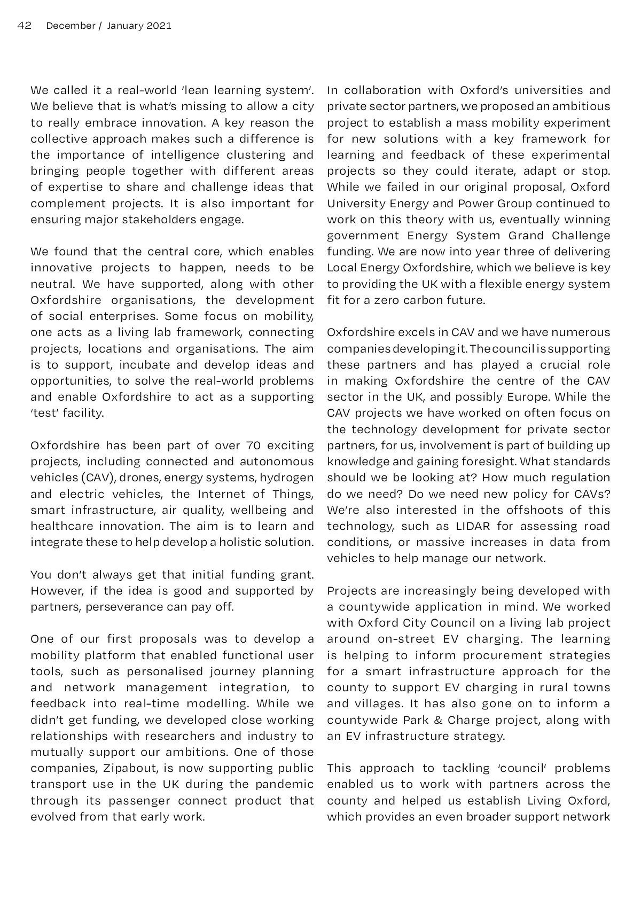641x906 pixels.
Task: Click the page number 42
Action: [25, 26]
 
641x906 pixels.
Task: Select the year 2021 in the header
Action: [159, 26]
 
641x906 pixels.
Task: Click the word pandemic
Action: [288, 784]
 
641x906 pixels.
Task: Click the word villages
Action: [373, 704]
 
